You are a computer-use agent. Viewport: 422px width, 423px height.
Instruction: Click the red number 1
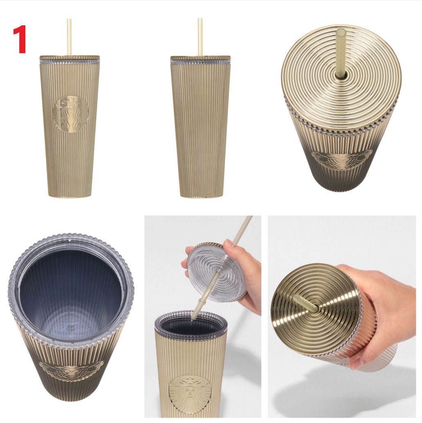(x=20, y=39)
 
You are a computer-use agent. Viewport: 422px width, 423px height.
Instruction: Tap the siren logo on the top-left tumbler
(x=71, y=114)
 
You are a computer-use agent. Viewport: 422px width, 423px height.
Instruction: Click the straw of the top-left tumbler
(x=69, y=37)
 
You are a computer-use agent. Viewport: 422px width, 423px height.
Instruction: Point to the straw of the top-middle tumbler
(x=200, y=37)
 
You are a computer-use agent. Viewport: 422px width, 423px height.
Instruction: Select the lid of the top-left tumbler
(x=70, y=58)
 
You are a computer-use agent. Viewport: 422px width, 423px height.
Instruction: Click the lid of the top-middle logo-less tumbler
(x=200, y=58)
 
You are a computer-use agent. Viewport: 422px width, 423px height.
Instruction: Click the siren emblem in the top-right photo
(x=342, y=160)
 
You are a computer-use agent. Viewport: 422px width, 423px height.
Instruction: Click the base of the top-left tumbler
(x=70, y=195)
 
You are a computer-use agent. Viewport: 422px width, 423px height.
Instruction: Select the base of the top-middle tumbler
(x=200, y=196)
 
